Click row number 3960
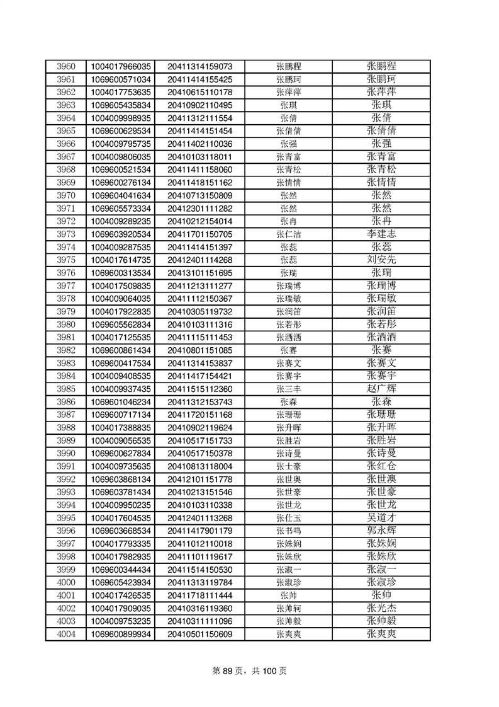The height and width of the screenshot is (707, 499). point(65,66)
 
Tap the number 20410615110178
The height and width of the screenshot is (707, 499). point(200,92)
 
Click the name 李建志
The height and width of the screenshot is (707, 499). point(381,234)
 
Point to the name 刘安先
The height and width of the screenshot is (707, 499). point(381,260)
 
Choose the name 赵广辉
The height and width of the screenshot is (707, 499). point(381,388)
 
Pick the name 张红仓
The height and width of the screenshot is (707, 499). point(381,466)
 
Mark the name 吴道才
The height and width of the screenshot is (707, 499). point(381,517)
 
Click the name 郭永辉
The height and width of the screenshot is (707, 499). point(381,531)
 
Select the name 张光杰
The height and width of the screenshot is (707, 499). point(381,608)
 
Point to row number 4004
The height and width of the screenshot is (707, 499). point(65,634)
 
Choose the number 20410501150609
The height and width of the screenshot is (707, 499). point(200,634)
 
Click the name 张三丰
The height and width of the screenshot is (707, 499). point(288,388)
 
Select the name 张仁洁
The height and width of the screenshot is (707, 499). point(288,234)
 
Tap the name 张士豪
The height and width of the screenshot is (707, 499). point(288,466)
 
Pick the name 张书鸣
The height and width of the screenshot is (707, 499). point(288,531)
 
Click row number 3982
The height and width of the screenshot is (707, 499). point(65,350)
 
